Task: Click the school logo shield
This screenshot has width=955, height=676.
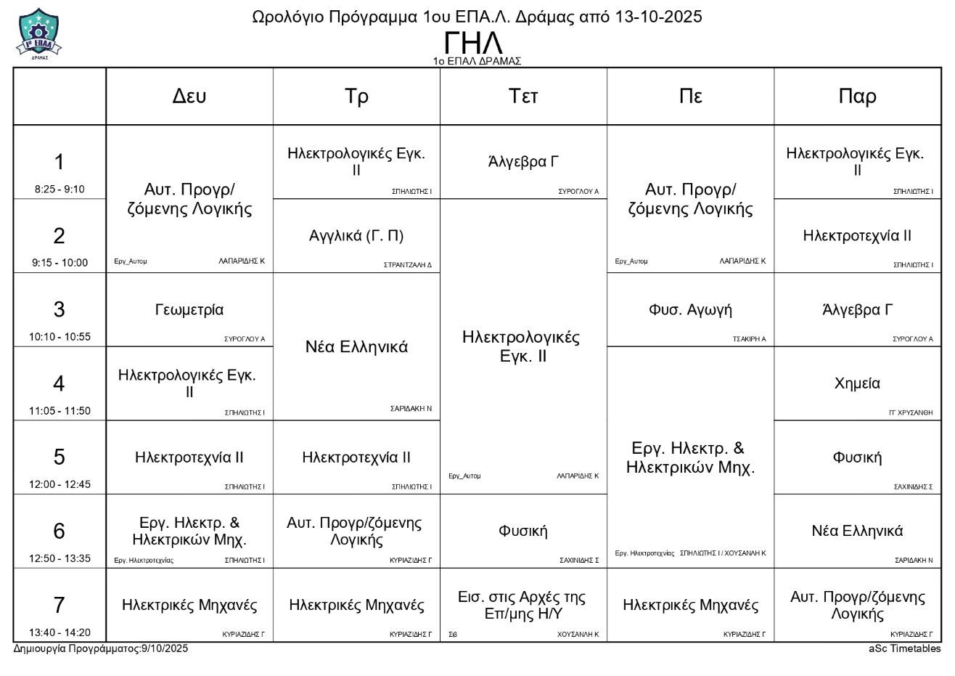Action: point(38,33)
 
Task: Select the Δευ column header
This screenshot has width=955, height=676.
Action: point(189,96)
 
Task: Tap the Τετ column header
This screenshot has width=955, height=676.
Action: point(523,96)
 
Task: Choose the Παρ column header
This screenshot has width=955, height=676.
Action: point(857,96)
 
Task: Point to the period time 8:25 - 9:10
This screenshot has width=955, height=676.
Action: point(60,190)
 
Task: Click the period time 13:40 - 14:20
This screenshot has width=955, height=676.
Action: point(60,632)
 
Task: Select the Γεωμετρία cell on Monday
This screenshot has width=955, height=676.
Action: point(189,310)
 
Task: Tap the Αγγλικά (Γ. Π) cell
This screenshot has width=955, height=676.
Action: point(356,236)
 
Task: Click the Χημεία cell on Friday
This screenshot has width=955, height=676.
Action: point(857,383)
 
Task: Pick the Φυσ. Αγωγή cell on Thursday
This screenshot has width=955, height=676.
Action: point(690,310)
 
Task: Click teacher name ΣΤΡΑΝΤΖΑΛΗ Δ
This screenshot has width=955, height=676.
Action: point(407,265)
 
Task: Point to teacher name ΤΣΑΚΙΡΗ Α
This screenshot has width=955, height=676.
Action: point(749,339)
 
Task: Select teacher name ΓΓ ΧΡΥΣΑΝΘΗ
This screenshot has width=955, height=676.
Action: point(911,412)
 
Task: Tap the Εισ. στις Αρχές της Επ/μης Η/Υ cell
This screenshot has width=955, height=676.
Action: point(523,605)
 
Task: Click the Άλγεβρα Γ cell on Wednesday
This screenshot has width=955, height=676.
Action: point(523,162)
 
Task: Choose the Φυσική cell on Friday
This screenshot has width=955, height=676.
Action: point(857,457)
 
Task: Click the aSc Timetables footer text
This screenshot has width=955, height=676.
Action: point(904,648)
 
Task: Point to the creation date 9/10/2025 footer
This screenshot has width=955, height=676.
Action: point(165,648)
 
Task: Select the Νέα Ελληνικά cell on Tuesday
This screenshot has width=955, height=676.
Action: point(356,347)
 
